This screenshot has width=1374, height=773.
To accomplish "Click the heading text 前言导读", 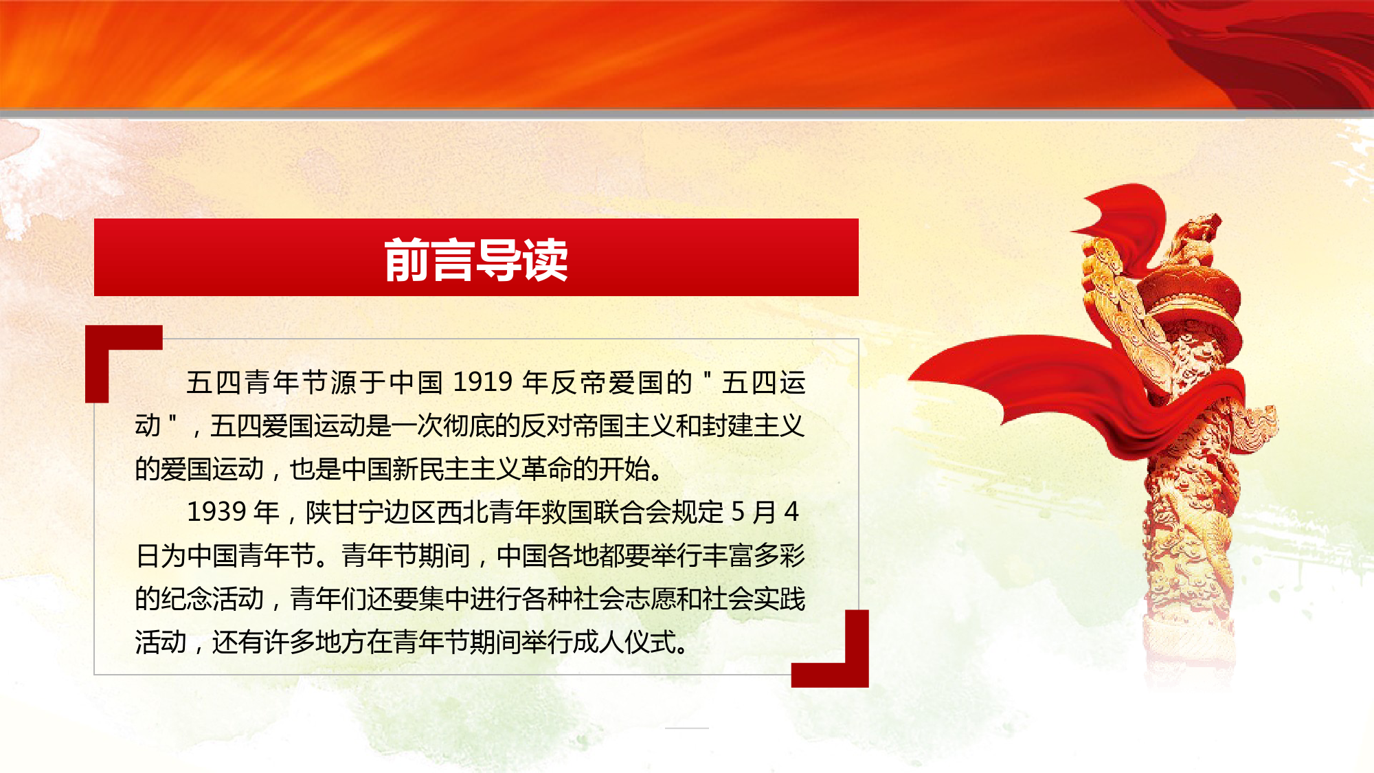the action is [476, 260].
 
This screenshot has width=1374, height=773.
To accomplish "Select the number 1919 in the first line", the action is [483, 382].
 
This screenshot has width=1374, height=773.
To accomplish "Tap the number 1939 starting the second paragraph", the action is [217, 512].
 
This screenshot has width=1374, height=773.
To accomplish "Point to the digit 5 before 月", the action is [738, 512].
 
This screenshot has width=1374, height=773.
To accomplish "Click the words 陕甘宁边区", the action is [370, 512].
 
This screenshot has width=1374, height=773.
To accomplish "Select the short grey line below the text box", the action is [686, 728].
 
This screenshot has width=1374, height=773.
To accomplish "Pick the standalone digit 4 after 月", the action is [791, 512].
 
